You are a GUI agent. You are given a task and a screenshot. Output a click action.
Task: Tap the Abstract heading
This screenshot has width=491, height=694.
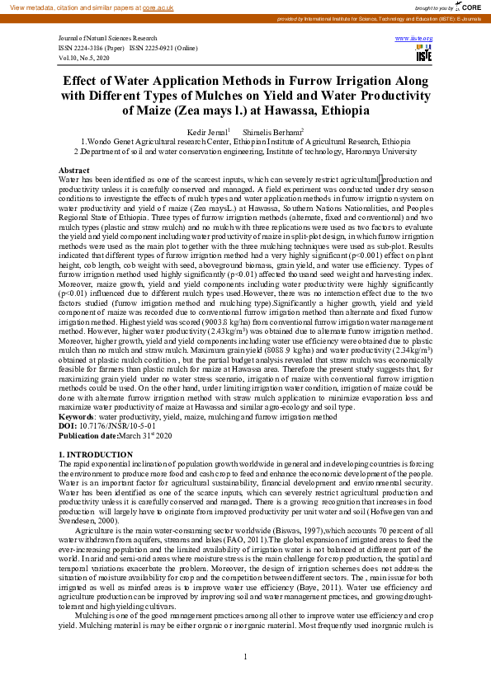75,170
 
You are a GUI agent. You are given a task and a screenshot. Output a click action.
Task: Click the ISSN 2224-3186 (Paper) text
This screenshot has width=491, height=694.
92,49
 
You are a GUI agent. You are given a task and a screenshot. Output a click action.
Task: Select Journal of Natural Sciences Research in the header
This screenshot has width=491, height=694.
107,39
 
